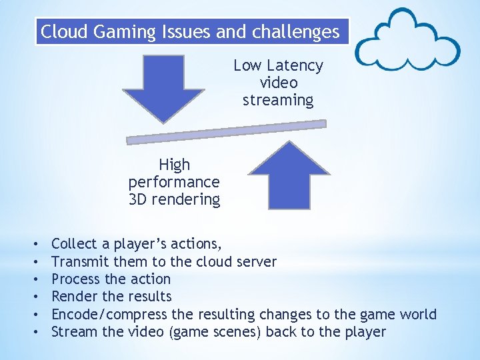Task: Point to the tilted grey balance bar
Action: (x=227, y=131)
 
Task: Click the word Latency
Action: (x=293, y=65)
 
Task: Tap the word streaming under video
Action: (x=277, y=100)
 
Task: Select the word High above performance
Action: (x=174, y=165)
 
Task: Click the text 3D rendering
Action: (x=174, y=199)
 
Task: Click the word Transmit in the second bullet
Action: (x=81, y=261)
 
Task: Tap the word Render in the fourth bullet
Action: (x=74, y=296)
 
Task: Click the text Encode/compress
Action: (x=110, y=314)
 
